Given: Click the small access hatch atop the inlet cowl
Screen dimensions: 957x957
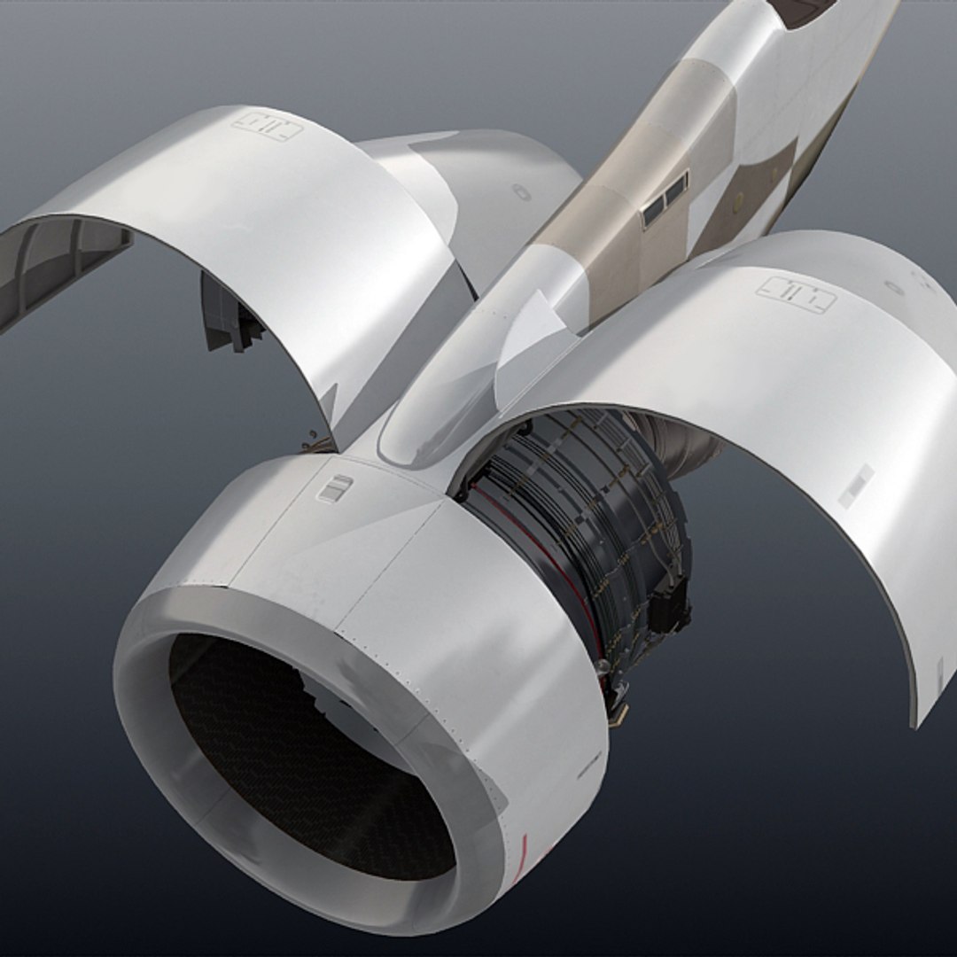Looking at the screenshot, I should [335, 487].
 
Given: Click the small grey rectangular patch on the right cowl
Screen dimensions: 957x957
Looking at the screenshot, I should [856, 486].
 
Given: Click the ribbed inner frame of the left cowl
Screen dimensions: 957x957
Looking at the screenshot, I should [62, 257].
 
